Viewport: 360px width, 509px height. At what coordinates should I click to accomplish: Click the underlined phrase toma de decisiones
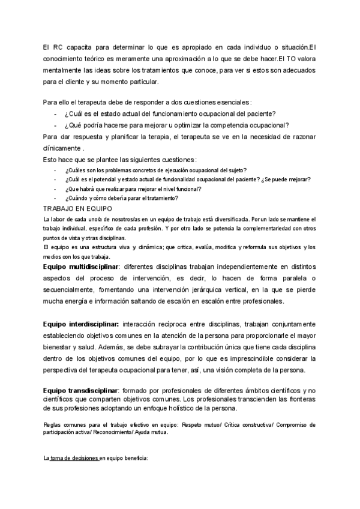point(74,458)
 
